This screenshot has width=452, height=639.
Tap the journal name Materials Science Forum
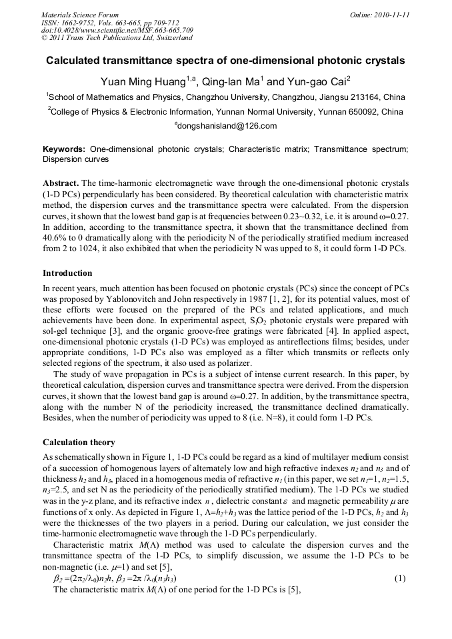point(80,14)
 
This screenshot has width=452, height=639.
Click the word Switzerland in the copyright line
point(169,38)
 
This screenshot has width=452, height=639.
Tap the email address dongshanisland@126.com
point(227,125)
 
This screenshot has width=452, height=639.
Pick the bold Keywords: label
point(64,150)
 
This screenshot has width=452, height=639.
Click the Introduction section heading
point(67,273)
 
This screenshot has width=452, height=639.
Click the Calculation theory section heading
point(79,442)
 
